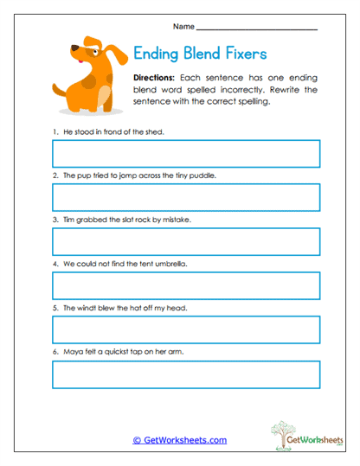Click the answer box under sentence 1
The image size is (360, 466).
(186, 154)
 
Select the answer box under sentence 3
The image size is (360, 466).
(186, 242)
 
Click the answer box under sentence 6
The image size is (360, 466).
(186, 374)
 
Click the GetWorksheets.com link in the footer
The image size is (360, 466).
(180, 440)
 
